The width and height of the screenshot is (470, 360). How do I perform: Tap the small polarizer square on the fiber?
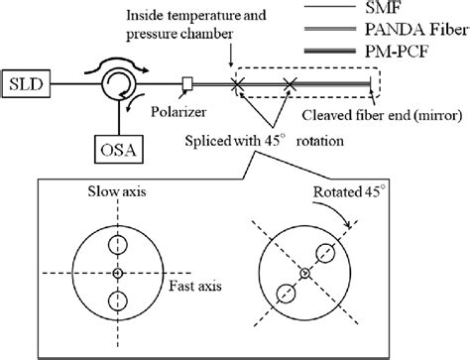pyautogui.click(x=187, y=80)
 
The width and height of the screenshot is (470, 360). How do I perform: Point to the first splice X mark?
pyautogui.click(x=238, y=83)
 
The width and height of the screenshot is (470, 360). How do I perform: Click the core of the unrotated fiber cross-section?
pyautogui.click(x=117, y=273)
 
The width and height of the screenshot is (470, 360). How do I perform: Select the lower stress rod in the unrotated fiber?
pyautogui.click(x=117, y=300)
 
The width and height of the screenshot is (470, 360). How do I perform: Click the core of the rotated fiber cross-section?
pyautogui.click(x=304, y=273)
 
